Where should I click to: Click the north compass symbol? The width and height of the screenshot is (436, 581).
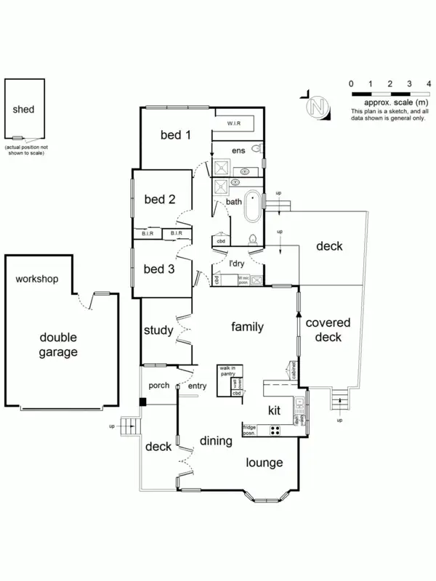(x=317, y=106)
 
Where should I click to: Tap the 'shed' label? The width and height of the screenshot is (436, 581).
(x=23, y=110)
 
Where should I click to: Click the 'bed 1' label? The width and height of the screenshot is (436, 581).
(x=176, y=134)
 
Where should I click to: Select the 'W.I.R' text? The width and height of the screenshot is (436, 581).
(x=233, y=123)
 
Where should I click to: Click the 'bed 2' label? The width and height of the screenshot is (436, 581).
(x=160, y=199)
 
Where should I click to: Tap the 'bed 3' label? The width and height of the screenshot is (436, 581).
(x=159, y=269)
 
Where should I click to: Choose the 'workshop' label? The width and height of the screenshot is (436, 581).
(x=36, y=279)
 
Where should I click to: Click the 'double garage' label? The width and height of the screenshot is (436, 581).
(x=58, y=344)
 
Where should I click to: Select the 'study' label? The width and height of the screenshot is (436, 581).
(x=158, y=330)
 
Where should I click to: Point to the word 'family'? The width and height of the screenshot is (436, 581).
(x=247, y=327)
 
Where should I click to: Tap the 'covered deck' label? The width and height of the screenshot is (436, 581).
(x=328, y=330)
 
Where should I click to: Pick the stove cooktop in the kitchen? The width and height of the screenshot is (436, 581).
(x=276, y=429)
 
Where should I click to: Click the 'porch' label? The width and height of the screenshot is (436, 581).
(x=159, y=386)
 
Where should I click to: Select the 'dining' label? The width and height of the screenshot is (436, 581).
(x=216, y=441)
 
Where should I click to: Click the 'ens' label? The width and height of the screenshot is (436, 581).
(x=238, y=150)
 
